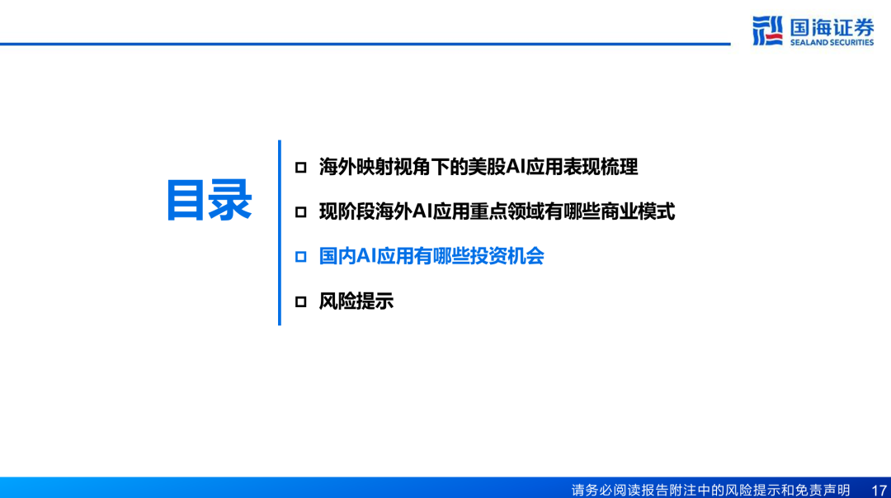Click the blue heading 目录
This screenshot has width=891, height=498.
(x=209, y=200)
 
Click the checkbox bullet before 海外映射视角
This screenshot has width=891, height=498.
(x=300, y=168)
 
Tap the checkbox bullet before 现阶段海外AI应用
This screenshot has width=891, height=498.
(x=300, y=212)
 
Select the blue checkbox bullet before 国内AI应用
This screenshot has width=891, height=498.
(x=300, y=257)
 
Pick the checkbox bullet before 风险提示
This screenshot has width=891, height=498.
(x=300, y=301)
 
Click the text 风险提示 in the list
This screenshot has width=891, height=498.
(x=356, y=301)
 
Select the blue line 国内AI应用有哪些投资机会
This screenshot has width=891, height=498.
(x=431, y=256)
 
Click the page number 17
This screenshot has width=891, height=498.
(x=879, y=490)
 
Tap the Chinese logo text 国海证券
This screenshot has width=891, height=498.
(x=832, y=27)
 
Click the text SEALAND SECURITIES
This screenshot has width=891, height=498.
(x=832, y=42)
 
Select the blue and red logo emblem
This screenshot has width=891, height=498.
(x=768, y=31)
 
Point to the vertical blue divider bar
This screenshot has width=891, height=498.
(x=280, y=233)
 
